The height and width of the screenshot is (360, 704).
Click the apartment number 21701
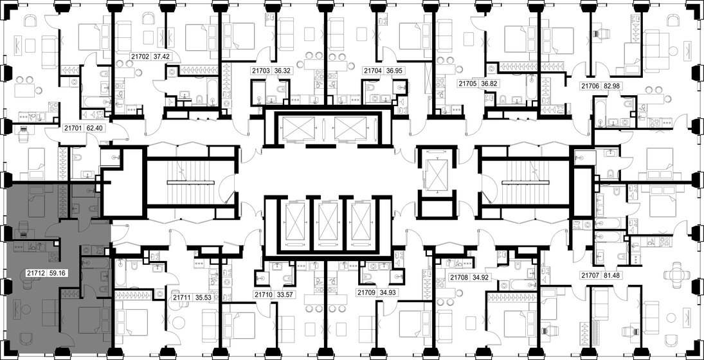[x=73, y=128]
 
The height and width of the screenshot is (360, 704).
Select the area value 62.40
[x=95, y=128]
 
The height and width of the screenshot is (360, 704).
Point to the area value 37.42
[x=161, y=57]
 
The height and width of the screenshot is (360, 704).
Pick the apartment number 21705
[x=469, y=84]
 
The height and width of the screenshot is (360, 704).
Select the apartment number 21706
[x=591, y=85]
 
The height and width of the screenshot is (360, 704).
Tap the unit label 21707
[x=591, y=276]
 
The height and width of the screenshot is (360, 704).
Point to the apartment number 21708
[x=459, y=277]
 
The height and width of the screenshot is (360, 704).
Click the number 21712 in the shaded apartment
[x=35, y=272]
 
